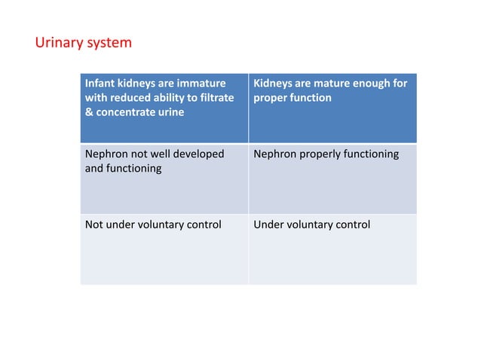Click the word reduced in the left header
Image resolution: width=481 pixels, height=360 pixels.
134,98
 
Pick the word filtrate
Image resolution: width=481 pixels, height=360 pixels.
214,98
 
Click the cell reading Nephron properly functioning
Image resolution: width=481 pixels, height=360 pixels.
332,178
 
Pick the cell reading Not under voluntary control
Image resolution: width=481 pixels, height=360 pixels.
164,249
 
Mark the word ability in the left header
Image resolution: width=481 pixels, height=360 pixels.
174,98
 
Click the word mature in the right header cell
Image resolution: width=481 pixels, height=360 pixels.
327,83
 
